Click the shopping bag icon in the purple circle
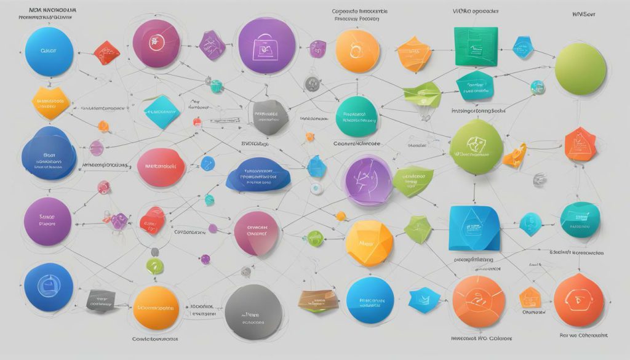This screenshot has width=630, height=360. point(266,44)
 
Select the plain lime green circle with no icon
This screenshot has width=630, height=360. point(580,69)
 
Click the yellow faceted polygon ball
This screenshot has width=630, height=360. point(368,243)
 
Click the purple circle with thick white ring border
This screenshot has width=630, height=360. point(367,179)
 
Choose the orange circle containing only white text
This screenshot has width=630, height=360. point(156,307)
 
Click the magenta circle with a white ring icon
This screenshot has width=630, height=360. point(156,43)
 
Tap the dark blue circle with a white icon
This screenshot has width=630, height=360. point(48,287)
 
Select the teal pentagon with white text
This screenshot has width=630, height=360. point(474,87)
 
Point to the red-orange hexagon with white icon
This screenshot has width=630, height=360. point(581,144)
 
